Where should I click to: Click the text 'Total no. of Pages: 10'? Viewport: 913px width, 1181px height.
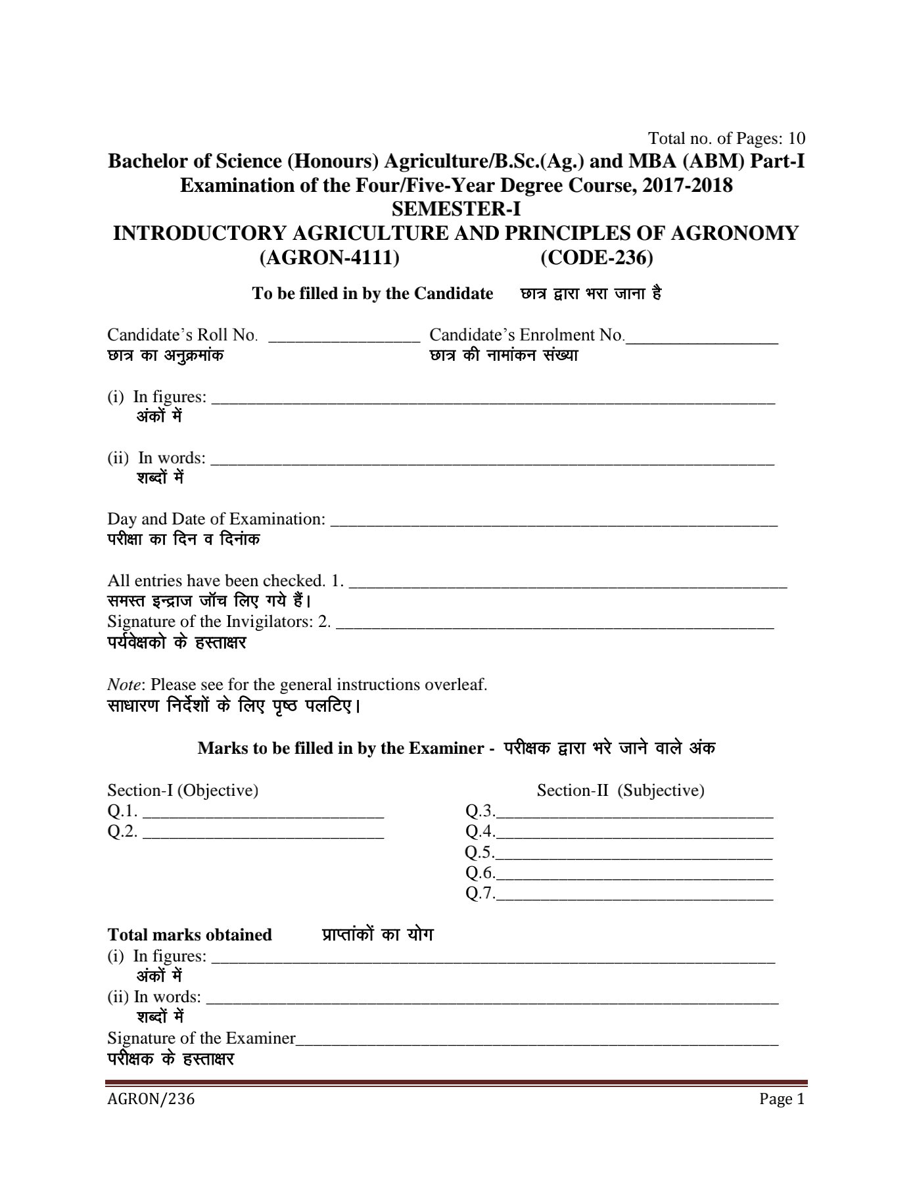(x=726, y=139)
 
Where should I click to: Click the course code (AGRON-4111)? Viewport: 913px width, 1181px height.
(x=330, y=258)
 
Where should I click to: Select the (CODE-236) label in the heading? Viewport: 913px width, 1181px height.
(x=597, y=258)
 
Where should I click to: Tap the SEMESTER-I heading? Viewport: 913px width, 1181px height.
(x=456, y=209)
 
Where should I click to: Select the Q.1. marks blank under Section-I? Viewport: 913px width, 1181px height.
(x=263, y=816)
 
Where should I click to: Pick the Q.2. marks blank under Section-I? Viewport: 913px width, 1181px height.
(x=263, y=836)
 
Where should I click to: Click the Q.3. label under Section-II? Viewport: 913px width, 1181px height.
(x=479, y=812)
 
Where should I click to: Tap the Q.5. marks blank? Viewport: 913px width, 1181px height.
(x=634, y=857)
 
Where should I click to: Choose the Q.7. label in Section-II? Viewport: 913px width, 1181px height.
(x=479, y=894)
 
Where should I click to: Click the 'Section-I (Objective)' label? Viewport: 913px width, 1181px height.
(x=183, y=791)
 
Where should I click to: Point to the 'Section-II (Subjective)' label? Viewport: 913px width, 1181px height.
(x=620, y=791)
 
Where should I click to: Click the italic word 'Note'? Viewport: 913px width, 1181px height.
(x=124, y=685)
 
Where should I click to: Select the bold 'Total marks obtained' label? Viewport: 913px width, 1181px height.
(x=189, y=935)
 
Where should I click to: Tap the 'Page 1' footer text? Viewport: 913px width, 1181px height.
(x=782, y=1100)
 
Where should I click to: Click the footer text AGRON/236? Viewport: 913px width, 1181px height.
(x=151, y=1100)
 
